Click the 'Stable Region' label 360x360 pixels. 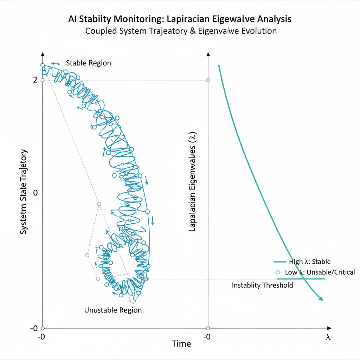click(88, 63)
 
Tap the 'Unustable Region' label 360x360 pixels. click(113, 310)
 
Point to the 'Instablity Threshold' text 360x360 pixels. click(262, 285)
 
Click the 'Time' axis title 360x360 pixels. click(181, 344)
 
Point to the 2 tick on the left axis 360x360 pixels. click(35, 80)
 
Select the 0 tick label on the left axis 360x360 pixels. click(35, 193)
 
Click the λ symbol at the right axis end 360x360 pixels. click(328, 337)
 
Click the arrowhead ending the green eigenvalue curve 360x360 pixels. click(321, 299)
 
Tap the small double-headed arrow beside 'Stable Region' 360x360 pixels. click(56, 63)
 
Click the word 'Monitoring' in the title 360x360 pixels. click(133, 19)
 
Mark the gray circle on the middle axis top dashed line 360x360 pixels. click(208, 80)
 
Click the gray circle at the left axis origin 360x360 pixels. click(43, 328)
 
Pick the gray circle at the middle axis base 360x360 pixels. click(208, 328)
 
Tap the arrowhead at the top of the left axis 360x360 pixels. click(43, 54)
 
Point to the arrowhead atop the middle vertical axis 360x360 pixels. click(208, 54)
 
